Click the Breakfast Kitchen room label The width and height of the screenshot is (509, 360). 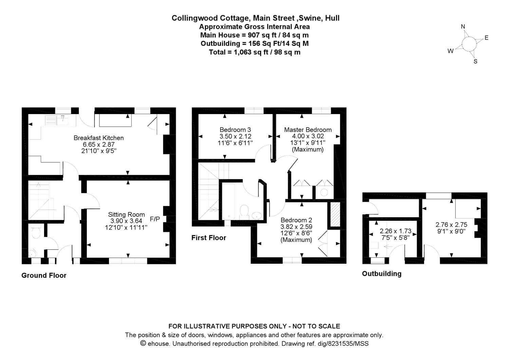98,138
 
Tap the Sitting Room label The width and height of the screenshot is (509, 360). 126,214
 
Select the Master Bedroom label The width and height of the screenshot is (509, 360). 308,130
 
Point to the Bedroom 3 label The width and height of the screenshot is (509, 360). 235,130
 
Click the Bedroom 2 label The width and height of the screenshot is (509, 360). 296,220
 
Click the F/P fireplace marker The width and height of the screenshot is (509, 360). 155,219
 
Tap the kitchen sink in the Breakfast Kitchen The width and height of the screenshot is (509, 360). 63,120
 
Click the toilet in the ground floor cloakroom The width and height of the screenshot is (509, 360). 36,233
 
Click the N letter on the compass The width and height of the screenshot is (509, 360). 463,27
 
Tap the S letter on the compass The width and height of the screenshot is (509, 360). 475,61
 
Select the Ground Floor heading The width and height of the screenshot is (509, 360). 44,275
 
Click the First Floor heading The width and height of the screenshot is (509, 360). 209,238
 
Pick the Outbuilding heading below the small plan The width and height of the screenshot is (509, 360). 382,274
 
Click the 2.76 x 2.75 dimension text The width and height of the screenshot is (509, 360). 451,225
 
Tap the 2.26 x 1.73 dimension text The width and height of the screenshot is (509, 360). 395,231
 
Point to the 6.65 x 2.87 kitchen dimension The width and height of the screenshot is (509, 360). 99,144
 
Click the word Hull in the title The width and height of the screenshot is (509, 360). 332,18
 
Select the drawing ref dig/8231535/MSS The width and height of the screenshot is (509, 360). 343,343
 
